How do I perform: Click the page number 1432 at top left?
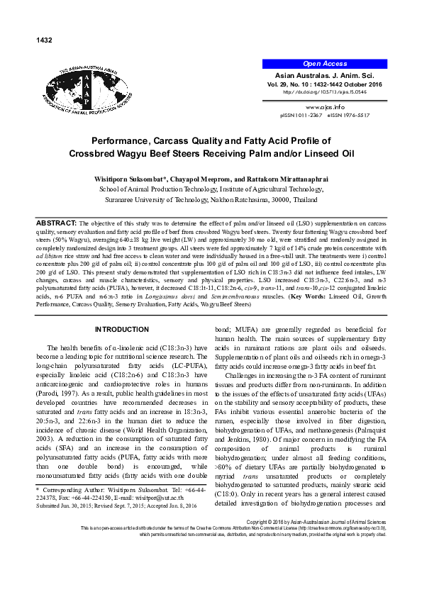(44, 40)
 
